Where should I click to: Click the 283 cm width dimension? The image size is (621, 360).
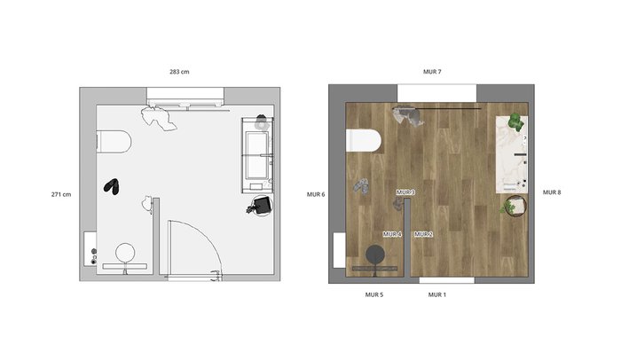tap(179, 72)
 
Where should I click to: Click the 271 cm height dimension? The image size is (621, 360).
tap(61, 194)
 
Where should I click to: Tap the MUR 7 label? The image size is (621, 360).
tap(432, 72)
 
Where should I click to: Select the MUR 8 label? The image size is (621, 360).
tap(552, 192)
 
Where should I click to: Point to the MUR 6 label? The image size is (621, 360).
tap(316, 194)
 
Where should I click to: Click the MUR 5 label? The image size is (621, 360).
tap(374, 294)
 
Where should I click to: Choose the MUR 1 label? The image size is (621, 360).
tap(436, 294)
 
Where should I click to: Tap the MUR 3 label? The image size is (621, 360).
tap(405, 192)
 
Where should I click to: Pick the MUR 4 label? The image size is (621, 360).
tap(392, 234)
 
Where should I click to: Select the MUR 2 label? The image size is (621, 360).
tap(423, 234)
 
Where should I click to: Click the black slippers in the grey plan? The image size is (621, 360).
tap(112, 186)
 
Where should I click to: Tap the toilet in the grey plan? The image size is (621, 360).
tap(114, 141)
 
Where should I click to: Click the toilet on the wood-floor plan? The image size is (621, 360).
tap(364, 140)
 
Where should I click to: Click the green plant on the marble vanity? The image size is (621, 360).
tap(515, 121)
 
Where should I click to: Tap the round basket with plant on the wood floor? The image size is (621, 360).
tap(515, 207)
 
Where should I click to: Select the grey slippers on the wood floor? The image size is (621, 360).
tap(361, 186)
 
